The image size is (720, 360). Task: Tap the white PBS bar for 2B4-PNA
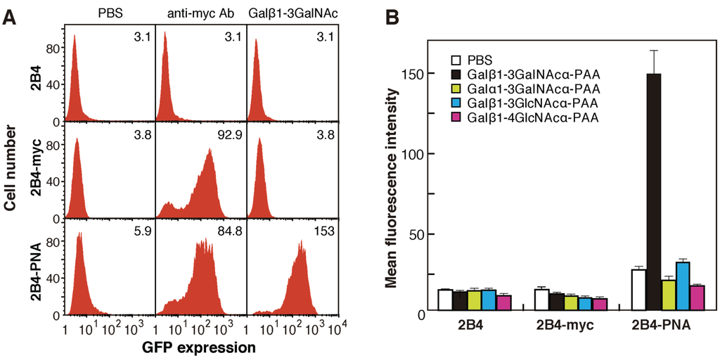(638, 289)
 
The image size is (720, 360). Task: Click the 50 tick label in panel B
(416, 234)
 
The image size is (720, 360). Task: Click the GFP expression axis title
(198, 347)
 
